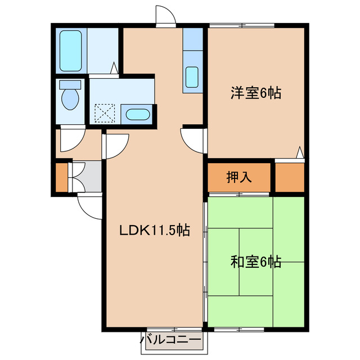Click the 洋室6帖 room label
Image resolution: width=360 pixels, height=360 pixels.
[255, 93]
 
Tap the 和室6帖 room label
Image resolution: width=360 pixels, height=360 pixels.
[255, 262]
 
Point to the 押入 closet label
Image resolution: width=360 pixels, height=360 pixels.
[238, 177]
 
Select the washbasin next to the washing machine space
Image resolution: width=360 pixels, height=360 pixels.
[137, 115]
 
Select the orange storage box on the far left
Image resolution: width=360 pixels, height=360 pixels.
[61, 177]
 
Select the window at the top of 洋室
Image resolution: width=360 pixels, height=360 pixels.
[242, 25]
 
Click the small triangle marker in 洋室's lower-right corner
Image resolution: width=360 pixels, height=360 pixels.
[300, 152]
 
